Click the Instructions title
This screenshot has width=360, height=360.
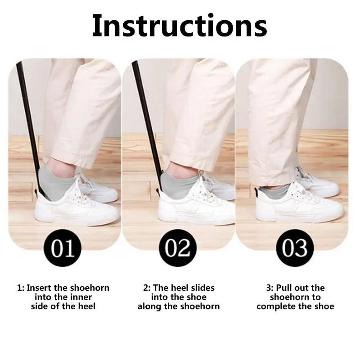(x=180, y=26)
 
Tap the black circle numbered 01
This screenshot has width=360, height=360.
(x=63, y=248)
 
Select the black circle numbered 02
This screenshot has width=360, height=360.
(x=178, y=248)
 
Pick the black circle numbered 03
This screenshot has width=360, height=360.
(x=295, y=248)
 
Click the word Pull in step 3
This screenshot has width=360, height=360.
(x=284, y=288)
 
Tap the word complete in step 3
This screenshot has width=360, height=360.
(x=276, y=306)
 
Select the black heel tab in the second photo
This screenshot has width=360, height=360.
(x=158, y=191)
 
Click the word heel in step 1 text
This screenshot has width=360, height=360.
(x=86, y=306)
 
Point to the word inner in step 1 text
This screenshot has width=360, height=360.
(x=81, y=297)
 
